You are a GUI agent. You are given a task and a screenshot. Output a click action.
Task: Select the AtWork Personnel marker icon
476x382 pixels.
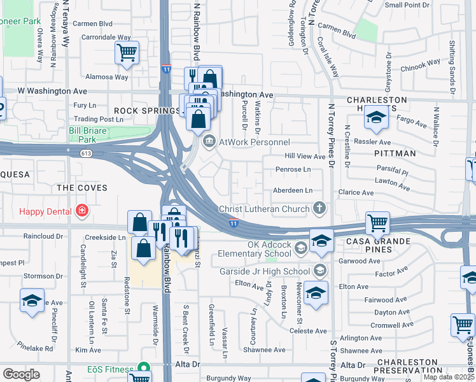point(209,142)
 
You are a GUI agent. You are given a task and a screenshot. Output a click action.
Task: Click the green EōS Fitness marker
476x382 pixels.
point(144,369)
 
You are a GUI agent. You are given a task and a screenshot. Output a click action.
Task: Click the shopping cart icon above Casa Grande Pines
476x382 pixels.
point(377,223)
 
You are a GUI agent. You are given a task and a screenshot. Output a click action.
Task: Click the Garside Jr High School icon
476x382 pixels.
point(319,271)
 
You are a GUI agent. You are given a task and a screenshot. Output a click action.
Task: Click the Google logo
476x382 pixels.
point(21,374)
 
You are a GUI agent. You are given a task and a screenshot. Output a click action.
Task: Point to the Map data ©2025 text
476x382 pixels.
point(449,377)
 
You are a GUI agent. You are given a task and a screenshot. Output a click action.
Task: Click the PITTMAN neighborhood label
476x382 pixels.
point(395,153)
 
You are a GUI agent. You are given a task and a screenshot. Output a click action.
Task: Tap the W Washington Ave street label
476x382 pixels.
point(52,92)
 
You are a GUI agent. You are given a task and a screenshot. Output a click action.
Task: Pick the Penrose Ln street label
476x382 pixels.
point(293,169)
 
